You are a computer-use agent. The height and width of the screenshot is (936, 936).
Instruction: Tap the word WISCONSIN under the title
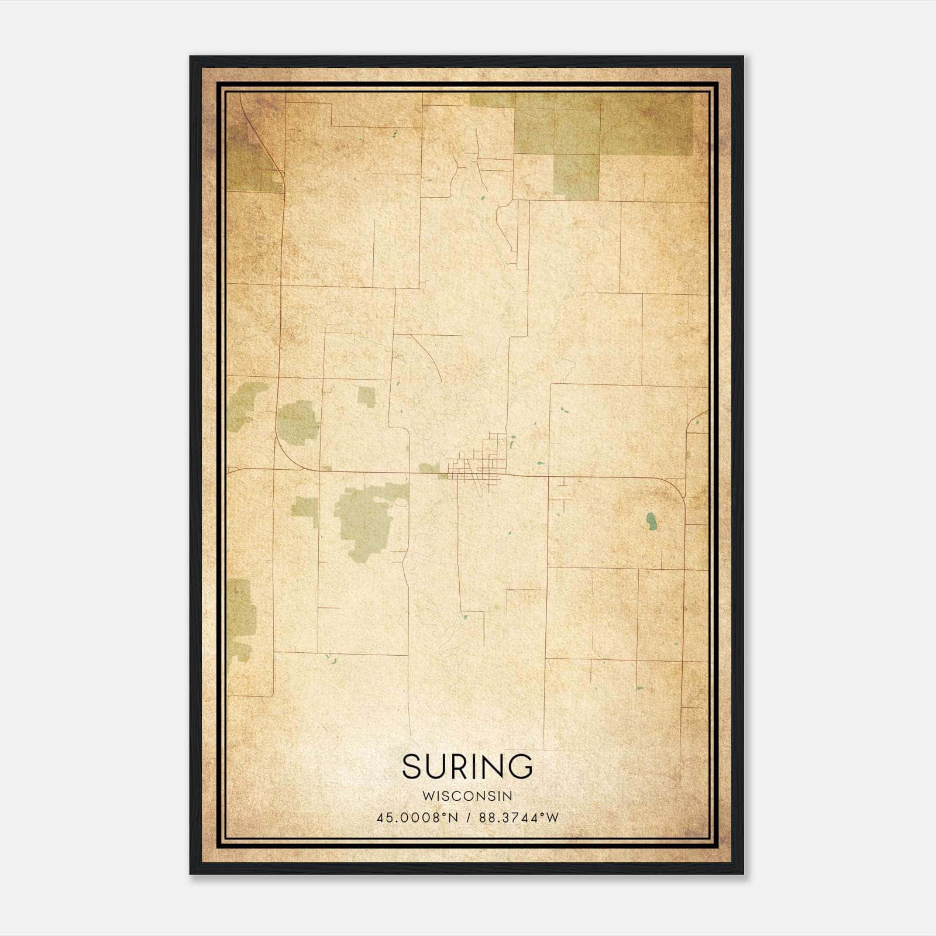coord(467,796)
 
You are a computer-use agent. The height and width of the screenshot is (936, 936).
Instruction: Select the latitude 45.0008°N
coord(418,817)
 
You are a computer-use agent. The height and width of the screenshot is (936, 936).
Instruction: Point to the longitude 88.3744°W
coord(519,817)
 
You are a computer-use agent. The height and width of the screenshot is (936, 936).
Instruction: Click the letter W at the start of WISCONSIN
coord(427,796)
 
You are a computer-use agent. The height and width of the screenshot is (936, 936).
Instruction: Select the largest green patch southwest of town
coord(366,518)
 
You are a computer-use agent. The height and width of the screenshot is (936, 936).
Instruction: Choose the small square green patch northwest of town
coord(366,397)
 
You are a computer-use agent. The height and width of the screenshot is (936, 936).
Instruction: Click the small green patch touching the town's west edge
coord(430,468)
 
